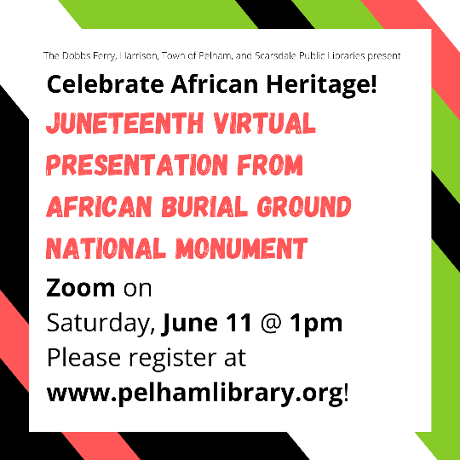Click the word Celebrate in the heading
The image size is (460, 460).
(x=106, y=84)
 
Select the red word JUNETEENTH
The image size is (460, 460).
(x=124, y=123)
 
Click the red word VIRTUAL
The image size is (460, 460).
(x=264, y=123)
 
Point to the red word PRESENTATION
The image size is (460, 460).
(x=136, y=165)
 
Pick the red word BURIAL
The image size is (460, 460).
(x=204, y=207)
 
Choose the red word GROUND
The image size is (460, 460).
(x=304, y=207)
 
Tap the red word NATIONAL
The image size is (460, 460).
(x=106, y=249)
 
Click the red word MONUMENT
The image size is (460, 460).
(x=241, y=249)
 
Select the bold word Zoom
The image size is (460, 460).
(x=80, y=288)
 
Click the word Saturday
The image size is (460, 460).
(x=101, y=324)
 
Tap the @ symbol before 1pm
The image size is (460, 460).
(x=271, y=324)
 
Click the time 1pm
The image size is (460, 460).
(x=316, y=325)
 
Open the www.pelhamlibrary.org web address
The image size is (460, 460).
(x=195, y=394)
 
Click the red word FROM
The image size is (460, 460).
(x=270, y=165)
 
